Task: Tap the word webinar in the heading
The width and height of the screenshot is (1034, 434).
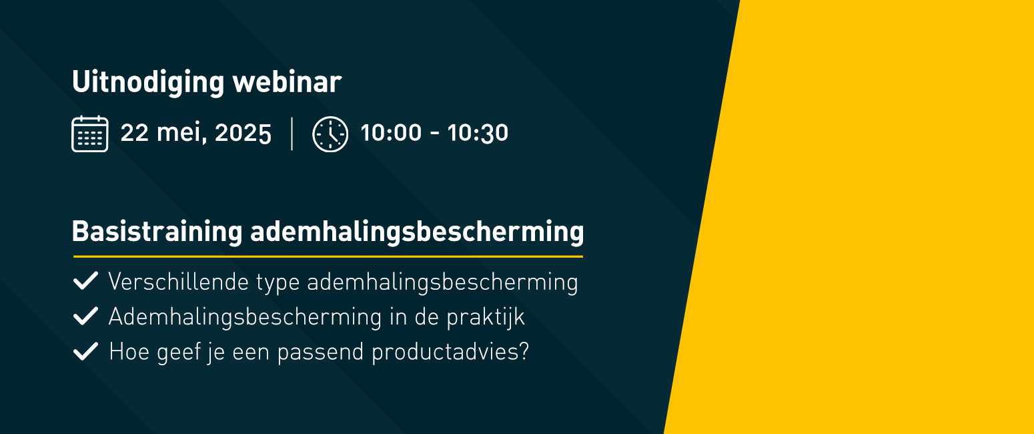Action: click(287, 82)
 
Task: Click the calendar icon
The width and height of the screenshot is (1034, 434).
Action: click(90, 134)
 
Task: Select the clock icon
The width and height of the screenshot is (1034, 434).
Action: click(330, 134)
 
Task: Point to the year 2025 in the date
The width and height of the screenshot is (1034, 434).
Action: click(243, 133)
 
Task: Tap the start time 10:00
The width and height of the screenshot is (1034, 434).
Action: click(391, 133)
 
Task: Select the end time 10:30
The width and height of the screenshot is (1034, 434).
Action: click(478, 133)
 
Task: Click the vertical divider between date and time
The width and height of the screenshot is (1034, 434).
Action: click(292, 134)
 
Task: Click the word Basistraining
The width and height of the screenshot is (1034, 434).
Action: click(157, 232)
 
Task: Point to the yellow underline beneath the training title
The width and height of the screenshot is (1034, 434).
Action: click(328, 256)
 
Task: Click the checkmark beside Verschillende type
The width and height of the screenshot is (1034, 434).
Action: click(85, 280)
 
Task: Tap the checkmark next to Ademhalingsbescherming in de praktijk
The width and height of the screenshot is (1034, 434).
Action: click(85, 316)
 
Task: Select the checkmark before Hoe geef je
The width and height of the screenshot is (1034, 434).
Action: click(85, 351)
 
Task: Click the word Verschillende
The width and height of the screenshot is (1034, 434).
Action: click(179, 282)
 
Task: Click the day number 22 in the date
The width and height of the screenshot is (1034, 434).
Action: click(134, 133)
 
